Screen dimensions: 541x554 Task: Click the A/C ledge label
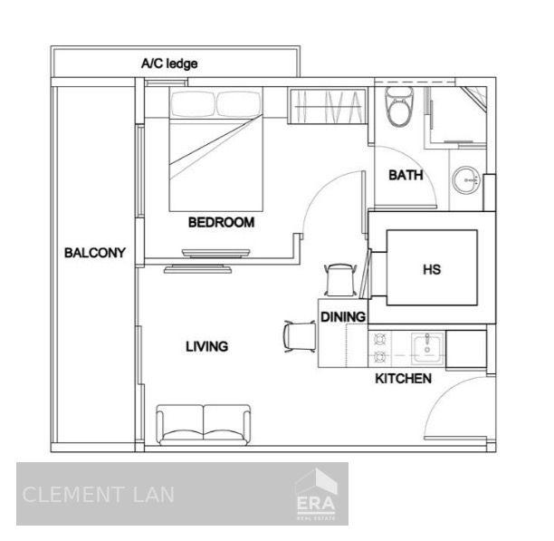coord(168,63)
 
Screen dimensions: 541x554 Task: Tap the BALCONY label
coord(94,253)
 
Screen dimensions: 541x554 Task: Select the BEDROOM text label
coord(221,222)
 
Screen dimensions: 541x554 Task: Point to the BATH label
coord(406,176)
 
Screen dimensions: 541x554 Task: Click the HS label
coord(432,269)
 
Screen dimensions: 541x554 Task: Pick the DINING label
coord(343,317)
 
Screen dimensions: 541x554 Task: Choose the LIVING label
coord(206,346)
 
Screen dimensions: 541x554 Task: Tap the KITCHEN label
coord(403,378)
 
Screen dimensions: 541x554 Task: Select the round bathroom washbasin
coord(468,179)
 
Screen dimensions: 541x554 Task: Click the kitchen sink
coord(425,346)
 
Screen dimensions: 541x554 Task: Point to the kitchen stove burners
coord(381,346)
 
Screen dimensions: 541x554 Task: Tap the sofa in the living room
coord(204,422)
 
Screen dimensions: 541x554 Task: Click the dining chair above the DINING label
coord(339,278)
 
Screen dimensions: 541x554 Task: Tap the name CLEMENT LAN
coord(98,495)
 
